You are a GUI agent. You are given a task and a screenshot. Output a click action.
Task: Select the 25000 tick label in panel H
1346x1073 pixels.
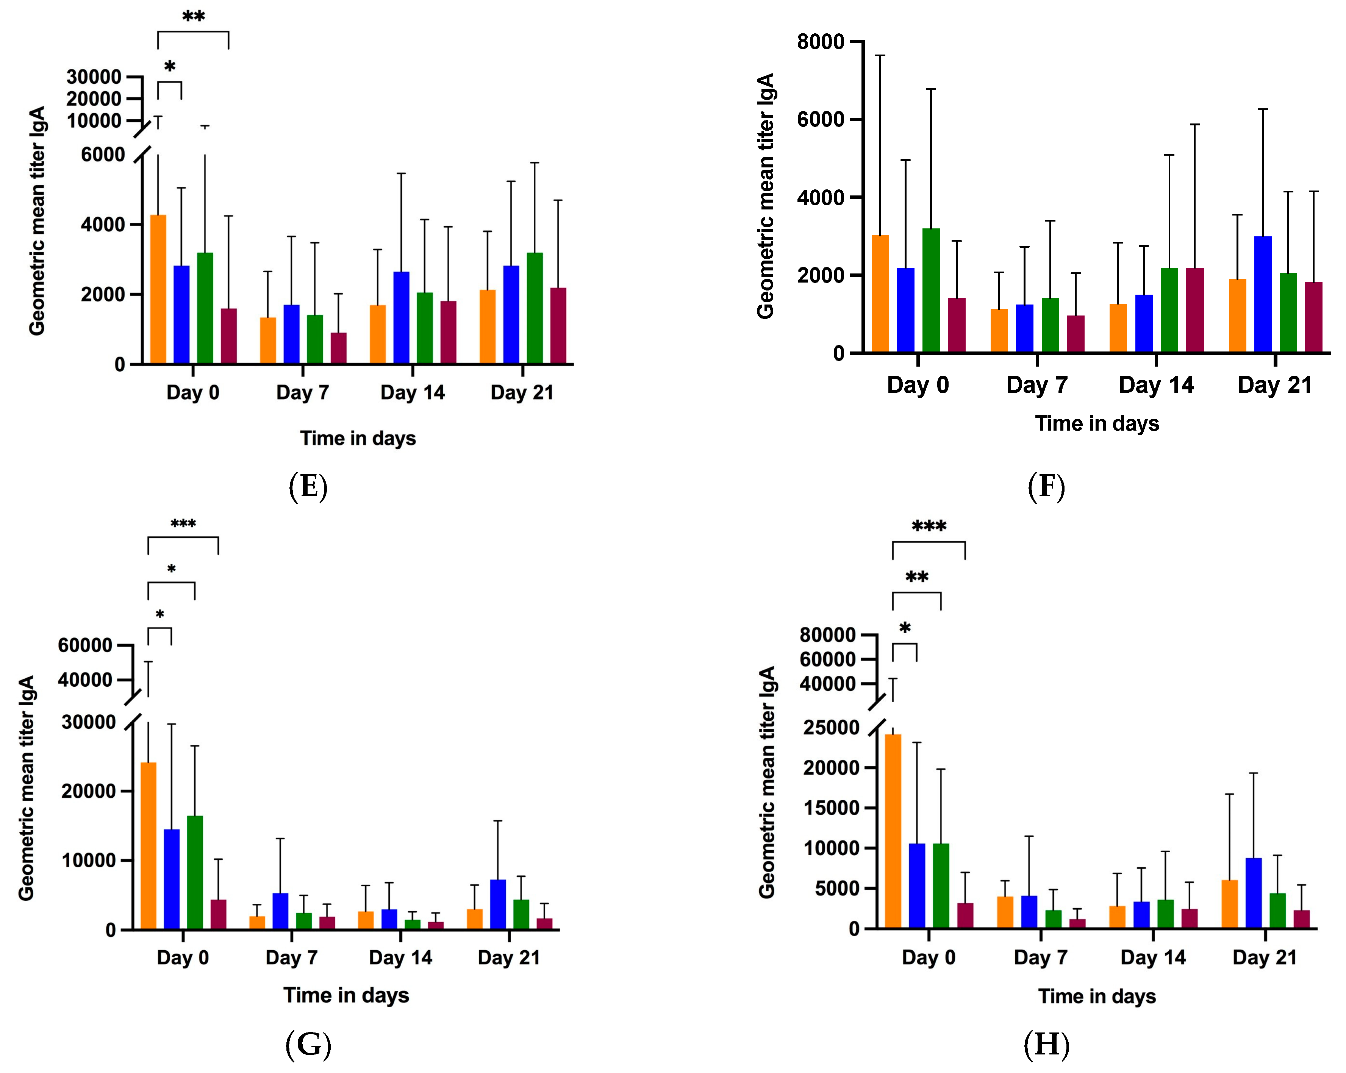pyautogui.click(x=830, y=728)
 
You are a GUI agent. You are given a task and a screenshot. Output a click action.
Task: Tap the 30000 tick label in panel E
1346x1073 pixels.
pyautogui.click(x=94, y=77)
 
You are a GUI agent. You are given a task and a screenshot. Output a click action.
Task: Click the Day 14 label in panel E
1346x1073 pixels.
pyautogui.click(x=412, y=393)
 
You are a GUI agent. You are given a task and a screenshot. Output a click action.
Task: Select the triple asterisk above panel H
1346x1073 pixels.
pyautogui.click(x=929, y=526)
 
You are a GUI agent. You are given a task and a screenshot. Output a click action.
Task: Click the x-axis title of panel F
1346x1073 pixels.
pyautogui.click(x=1096, y=423)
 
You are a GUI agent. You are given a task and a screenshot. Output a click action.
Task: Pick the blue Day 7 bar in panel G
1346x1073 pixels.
pyautogui.click(x=280, y=911)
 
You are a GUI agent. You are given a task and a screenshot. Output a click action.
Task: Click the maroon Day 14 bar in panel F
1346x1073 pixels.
pyautogui.click(x=1194, y=310)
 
